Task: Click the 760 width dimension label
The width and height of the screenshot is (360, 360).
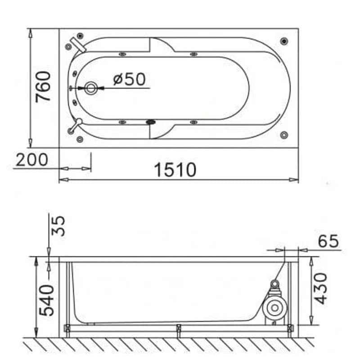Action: click(x=43, y=87)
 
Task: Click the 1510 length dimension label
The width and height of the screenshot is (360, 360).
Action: click(x=175, y=170)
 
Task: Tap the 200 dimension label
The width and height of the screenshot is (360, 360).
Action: click(x=32, y=160)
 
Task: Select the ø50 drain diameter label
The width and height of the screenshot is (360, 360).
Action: click(x=130, y=79)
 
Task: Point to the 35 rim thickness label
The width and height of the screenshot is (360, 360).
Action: click(x=58, y=226)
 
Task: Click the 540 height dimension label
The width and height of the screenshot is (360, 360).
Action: click(x=47, y=300)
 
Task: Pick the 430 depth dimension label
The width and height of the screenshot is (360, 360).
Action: click(x=320, y=288)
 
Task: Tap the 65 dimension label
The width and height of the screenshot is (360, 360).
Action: click(x=328, y=241)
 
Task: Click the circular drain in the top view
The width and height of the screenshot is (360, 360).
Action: click(x=91, y=88)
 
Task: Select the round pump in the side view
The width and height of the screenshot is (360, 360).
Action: click(x=275, y=308)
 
